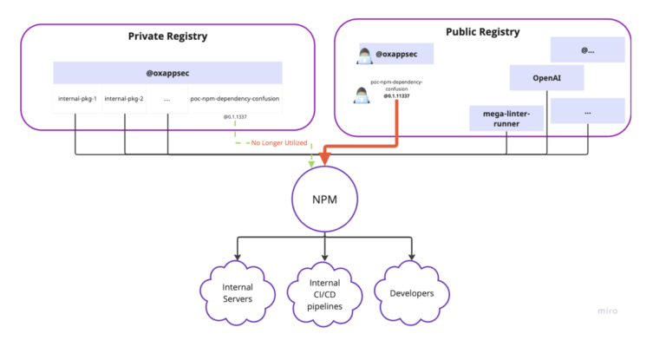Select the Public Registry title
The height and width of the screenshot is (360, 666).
[x=482, y=32]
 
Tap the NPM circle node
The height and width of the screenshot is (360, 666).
[x=324, y=200]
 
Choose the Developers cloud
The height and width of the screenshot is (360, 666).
[x=411, y=293]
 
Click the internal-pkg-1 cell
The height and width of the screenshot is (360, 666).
[x=77, y=98]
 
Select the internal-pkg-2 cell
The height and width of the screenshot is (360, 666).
[x=122, y=98]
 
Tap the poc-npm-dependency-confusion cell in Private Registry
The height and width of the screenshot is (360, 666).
[x=235, y=98]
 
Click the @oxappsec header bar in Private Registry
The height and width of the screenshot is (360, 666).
[x=167, y=72]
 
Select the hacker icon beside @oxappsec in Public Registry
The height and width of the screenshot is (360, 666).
[x=365, y=56]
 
